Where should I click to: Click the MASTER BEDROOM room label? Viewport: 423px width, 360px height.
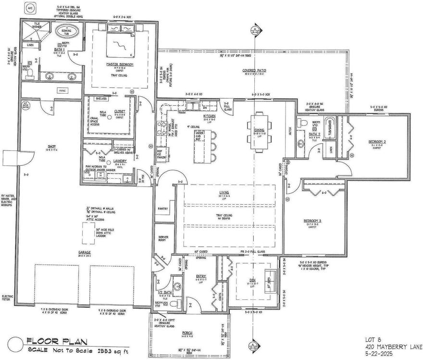(120, 64)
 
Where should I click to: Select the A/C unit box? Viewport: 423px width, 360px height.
(30, 9)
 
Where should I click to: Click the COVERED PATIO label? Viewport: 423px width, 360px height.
(254, 70)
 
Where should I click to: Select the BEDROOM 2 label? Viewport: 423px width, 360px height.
(378, 142)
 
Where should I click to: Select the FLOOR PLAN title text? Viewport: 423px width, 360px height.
(57, 342)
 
